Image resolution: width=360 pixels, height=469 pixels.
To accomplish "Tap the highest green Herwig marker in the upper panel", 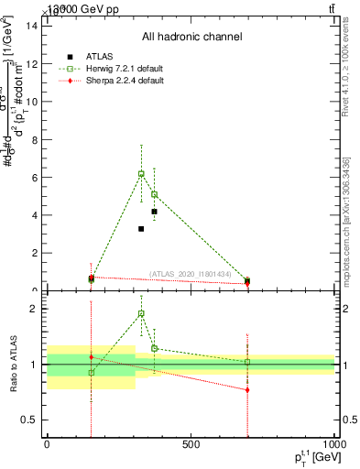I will pyautogui.click(x=141, y=173).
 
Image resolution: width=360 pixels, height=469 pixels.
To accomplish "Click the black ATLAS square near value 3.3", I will pyautogui.click(x=141, y=228).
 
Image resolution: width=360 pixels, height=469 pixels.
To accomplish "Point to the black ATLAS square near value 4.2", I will pyautogui.click(x=154, y=212).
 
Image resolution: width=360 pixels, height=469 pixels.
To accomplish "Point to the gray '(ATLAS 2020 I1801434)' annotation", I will pyautogui.click(x=197, y=273).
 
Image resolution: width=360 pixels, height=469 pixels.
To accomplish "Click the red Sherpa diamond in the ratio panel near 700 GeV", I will pyautogui.click(x=247, y=389).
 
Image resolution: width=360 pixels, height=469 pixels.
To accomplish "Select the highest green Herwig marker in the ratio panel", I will pyautogui.click(x=141, y=313).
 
